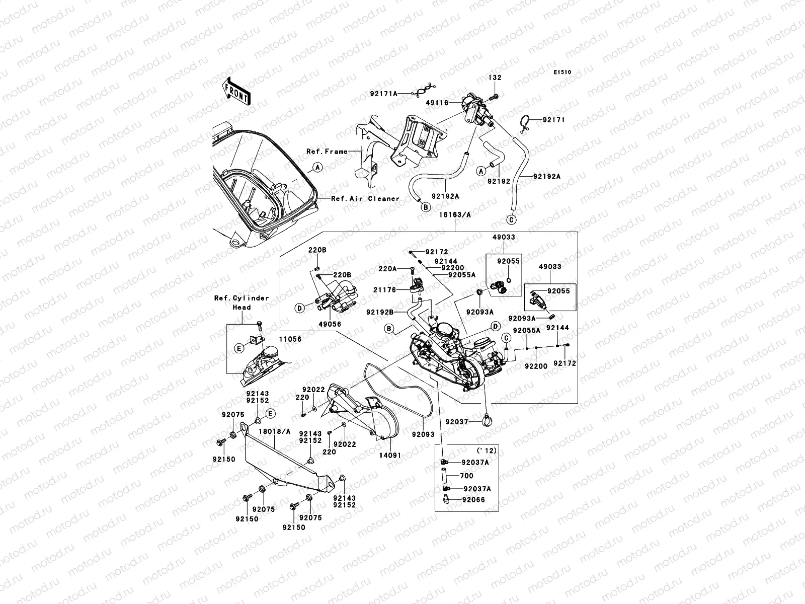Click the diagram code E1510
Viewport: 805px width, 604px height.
562,72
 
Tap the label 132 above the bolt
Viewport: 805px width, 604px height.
495,78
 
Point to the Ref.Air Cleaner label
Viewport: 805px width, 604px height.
365,198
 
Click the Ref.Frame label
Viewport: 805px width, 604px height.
327,151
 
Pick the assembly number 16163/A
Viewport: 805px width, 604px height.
455,214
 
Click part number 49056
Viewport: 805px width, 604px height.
330,325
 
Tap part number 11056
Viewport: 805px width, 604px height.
290,339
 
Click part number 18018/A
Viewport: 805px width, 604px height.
275,431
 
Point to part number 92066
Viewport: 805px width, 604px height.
474,500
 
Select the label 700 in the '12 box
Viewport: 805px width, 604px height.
466,476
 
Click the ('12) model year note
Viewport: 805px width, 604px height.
487,450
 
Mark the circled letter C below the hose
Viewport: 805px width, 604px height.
510,219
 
